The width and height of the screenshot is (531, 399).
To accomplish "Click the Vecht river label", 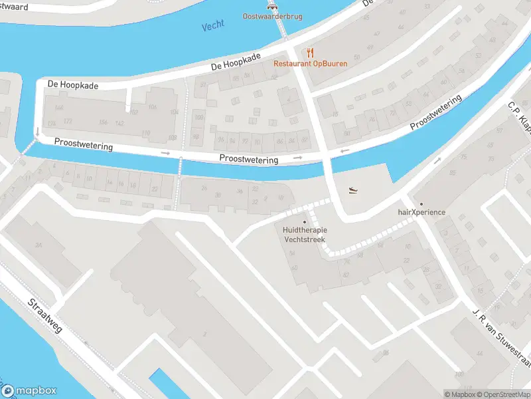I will (212, 25).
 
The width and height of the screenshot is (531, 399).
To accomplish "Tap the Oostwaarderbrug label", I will (272, 16).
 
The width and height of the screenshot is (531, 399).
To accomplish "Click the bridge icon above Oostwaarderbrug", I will (271, 5).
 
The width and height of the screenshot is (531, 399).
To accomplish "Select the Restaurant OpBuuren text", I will (311, 64).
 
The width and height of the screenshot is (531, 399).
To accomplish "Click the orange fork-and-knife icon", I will (310, 53).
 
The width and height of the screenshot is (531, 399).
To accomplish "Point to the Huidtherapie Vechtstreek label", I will (305, 234).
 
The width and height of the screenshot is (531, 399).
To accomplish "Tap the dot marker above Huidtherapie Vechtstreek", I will (305, 222).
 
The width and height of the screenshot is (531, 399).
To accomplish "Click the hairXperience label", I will (421, 212).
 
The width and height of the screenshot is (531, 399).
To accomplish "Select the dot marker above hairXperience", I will (420, 203).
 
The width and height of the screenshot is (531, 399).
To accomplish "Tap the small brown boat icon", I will (354, 190).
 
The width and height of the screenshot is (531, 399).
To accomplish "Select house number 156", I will (102, 122).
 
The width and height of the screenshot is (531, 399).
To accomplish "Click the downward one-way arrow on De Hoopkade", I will (37, 130).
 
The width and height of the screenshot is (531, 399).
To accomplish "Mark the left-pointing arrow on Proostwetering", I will (344, 152).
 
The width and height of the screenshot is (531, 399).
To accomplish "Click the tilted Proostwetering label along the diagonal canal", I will (435, 113).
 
